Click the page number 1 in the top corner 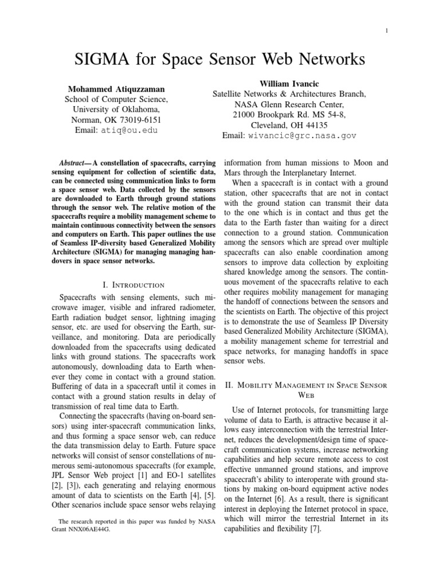click(x=388, y=30)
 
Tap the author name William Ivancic click(x=289, y=84)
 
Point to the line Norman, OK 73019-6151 click(x=116, y=120)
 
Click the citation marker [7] click(x=314, y=530)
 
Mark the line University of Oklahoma click(x=116, y=109)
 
